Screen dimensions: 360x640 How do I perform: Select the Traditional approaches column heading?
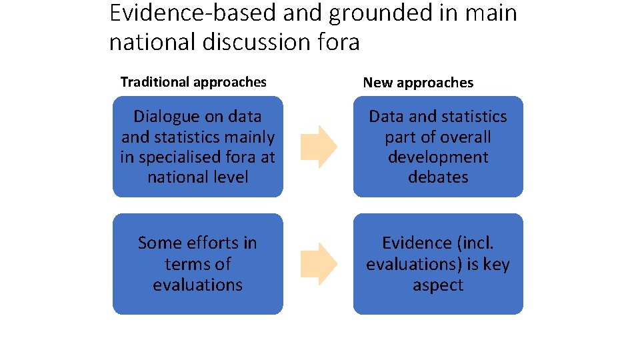(x=193, y=82)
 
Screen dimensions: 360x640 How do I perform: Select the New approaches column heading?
(x=418, y=83)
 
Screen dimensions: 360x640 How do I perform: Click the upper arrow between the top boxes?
(x=319, y=147)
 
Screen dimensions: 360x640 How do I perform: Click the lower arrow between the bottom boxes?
(x=319, y=264)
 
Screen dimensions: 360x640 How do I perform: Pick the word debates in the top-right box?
(x=438, y=177)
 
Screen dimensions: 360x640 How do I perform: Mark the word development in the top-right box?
(x=438, y=157)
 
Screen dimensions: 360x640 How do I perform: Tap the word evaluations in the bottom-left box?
(x=197, y=285)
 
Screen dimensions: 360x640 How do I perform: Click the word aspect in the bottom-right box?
(x=438, y=285)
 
